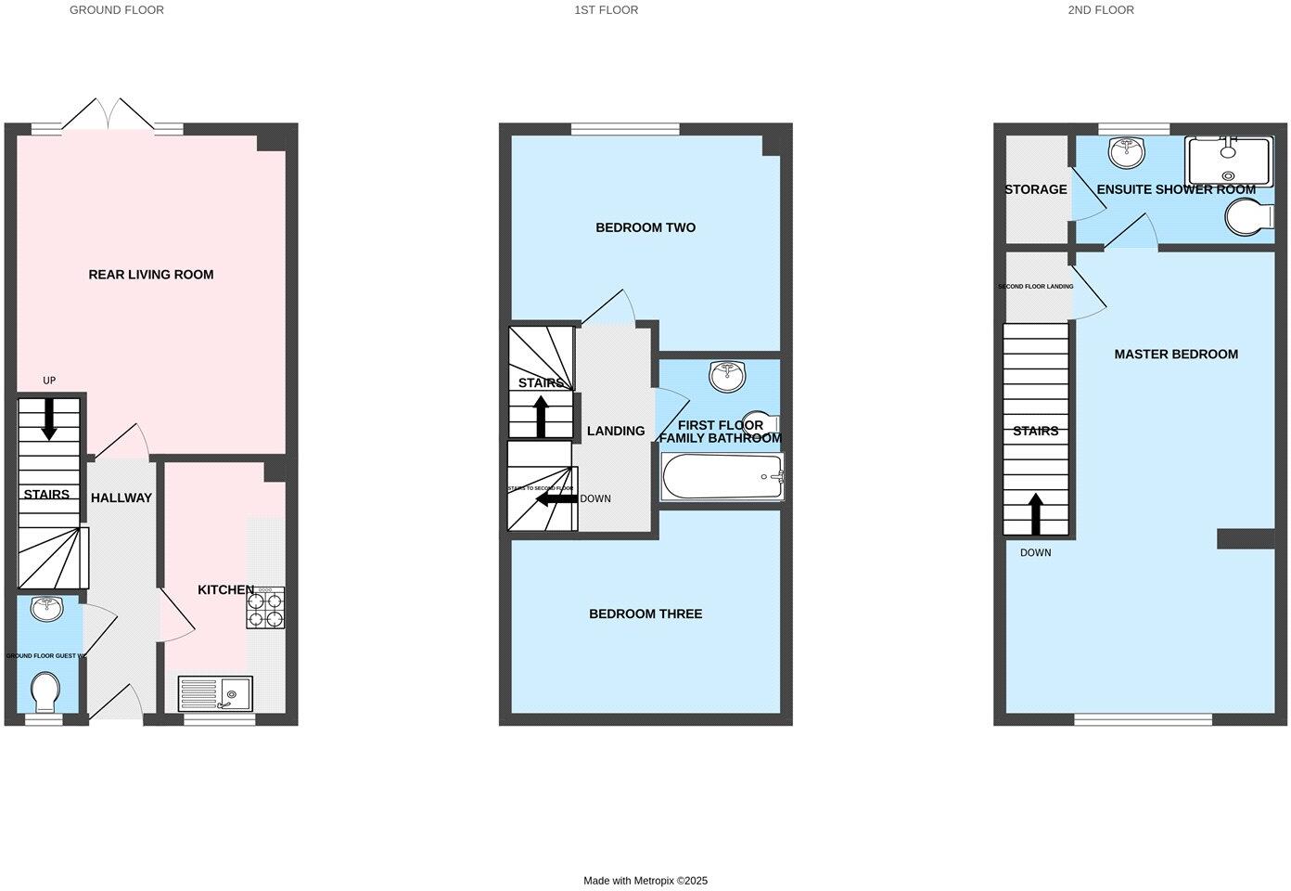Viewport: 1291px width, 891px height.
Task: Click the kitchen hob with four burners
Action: [x=265, y=608]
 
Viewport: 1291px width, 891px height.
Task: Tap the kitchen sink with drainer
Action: [x=215, y=693]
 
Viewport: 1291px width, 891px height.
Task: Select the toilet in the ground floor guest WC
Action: [x=45, y=691]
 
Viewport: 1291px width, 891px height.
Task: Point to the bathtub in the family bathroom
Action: [x=722, y=477]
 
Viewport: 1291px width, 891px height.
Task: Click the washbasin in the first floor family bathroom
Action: [x=726, y=376]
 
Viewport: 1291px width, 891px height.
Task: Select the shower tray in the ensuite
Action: [x=1230, y=161]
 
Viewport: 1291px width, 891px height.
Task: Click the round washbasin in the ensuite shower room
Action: [x=1128, y=153]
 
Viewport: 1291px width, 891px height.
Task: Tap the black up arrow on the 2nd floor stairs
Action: [x=1035, y=514]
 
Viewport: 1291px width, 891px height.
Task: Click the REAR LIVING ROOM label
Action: [x=150, y=275]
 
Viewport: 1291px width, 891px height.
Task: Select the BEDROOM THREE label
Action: [x=645, y=613]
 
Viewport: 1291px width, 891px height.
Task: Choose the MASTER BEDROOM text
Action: [x=1176, y=354]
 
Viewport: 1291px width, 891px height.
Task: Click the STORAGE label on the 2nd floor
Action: [x=1035, y=189]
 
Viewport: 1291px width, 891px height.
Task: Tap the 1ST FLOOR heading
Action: [x=607, y=10]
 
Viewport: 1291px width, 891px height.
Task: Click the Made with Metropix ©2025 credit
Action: [x=645, y=881]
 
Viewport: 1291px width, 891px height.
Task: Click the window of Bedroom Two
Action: [x=625, y=129]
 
